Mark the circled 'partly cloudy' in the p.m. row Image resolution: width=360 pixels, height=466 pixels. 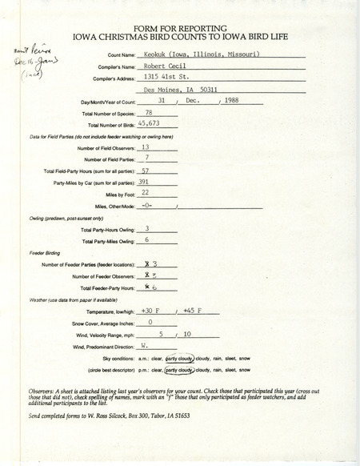tap(182, 372)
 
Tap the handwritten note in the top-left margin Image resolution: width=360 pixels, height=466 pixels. tap(29, 62)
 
